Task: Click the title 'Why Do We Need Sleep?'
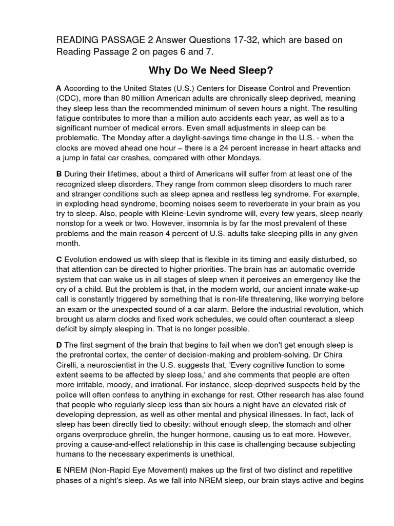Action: tap(196, 70)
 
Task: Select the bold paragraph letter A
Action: tap(59, 88)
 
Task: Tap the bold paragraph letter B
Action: tap(59, 174)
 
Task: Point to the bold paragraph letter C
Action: tap(59, 260)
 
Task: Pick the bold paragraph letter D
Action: tap(59, 346)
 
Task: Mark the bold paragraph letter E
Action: tap(59, 470)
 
